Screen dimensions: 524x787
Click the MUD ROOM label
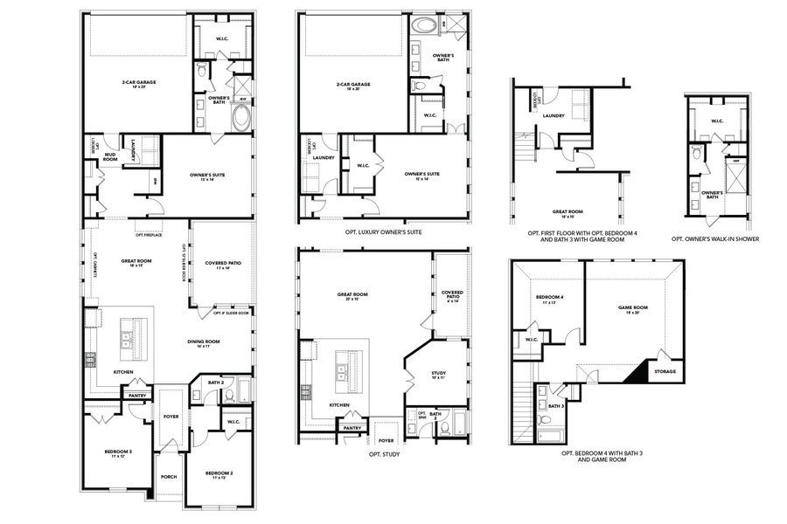click(x=110, y=158)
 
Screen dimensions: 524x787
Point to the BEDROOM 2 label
click(x=219, y=475)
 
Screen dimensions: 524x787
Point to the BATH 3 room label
click(x=556, y=406)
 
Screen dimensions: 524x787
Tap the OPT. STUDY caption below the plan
click(x=385, y=454)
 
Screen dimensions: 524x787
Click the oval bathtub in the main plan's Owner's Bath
click(x=240, y=119)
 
